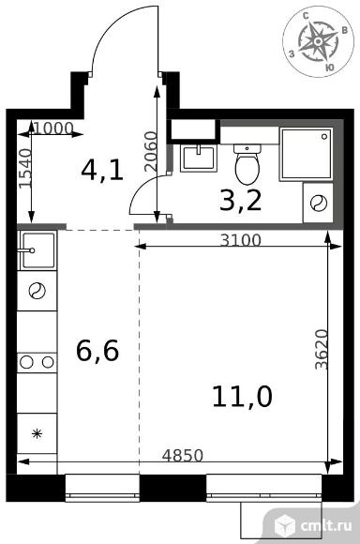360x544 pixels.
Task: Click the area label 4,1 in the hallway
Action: pos(102,171)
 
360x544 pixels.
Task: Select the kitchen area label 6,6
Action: pos(97,351)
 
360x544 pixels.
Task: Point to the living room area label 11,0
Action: pos(242,396)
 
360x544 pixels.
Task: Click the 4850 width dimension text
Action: pos(183,456)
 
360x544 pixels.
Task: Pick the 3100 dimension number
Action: pos(241,240)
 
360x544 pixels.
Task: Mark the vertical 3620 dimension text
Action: pos(322,349)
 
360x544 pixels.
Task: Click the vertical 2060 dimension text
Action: pos(151,151)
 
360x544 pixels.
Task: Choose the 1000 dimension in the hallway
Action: pos(53,128)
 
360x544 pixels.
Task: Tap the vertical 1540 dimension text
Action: pos(25,168)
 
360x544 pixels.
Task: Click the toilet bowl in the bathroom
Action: pos(247,164)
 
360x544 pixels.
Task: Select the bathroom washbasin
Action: pos(198,158)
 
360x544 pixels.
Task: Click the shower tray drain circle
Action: pos(324,136)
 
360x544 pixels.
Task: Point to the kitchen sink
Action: pos(37,250)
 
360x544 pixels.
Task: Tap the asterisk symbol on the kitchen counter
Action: pos(37,433)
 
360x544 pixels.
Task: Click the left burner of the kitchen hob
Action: pos(26,363)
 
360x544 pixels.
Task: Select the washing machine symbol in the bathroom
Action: pos(318,204)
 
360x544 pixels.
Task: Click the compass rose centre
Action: pos(317,41)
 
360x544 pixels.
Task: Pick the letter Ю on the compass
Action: pos(330,68)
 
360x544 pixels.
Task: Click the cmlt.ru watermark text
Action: pos(326,525)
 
